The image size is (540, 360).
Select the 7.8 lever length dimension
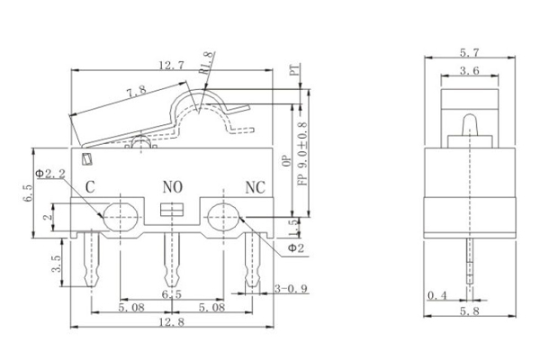(x=138, y=91)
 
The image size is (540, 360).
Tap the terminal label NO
(x=172, y=187)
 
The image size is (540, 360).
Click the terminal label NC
(x=256, y=187)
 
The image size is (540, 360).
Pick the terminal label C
(x=90, y=187)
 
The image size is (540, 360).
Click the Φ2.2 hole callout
(x=52, y=171)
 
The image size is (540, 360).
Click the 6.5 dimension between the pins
(x=170, y=294)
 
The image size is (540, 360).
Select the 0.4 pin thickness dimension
(x=437, y=294)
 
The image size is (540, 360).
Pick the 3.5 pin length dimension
(x=57, y=264)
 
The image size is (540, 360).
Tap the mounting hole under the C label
(x=120, y=216)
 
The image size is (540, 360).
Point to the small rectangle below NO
(x=170, y=211)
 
